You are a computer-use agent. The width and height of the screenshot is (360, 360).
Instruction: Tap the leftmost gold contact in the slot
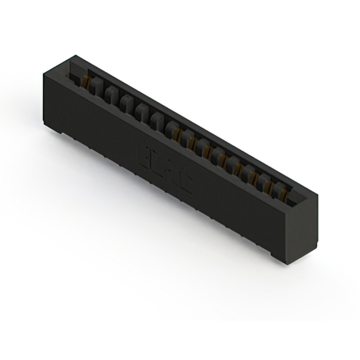coord(87,82)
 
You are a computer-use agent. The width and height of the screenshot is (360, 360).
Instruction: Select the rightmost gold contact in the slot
coord(283,195)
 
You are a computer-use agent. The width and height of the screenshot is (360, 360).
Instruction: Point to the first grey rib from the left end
coord(96,88)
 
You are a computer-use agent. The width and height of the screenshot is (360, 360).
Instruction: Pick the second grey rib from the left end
coord(111,97)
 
